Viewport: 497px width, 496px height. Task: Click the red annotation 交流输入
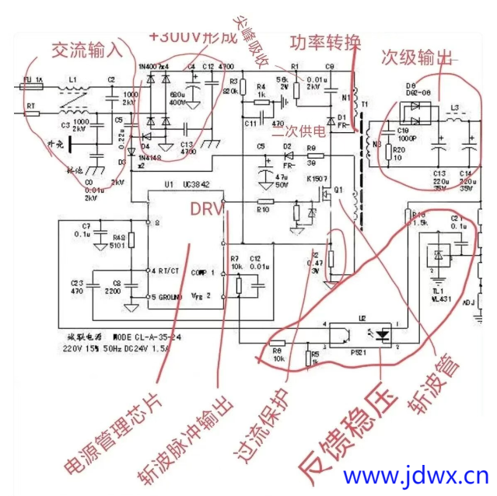pyautogui.click(x=86, y=49)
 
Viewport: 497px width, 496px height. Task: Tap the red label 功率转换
pyautogui.click(x=324, y=41)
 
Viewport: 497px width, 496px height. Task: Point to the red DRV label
pyautogui.click(x=206, y=208)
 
